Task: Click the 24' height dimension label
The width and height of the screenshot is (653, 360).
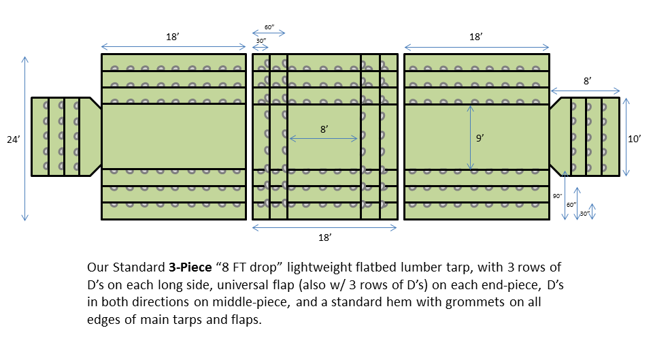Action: pyautogui.click(x=12, y=139)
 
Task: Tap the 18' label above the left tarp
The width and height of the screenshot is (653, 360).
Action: pyautogui.click(x=173, y=37)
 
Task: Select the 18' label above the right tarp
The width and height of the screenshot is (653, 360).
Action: pyautogui.click(x=475, y=37)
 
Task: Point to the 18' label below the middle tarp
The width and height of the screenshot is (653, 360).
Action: pyautogui.click(x=324, y=238)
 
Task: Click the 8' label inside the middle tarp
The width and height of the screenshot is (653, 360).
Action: pyautogui.click(x=324, y=129)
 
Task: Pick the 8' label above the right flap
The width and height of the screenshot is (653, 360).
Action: pyautogui.click(x=586, y=81)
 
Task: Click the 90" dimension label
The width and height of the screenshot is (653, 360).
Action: pyautogui.click(x=557, y=196)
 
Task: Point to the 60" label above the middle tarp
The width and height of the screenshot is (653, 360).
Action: pyautogui.click(x=269, y=27)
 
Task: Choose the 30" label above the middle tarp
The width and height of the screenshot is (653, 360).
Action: pyautogui.click(x=261, y=41)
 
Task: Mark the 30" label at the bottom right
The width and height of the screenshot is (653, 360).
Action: pyautogui.click(x=584, y=213)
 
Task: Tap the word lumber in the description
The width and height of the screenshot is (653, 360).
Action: pyautogui.click(x=418, y=267)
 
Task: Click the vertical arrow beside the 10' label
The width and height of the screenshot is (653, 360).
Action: pyautogui.click(x=626, y=137)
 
